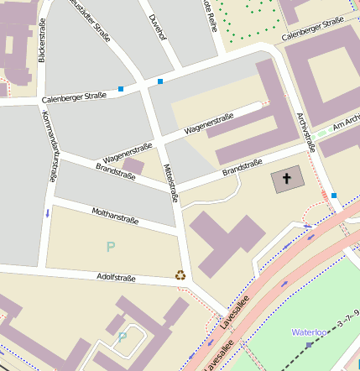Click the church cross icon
point(286,178)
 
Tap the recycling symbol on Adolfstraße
point(180,274)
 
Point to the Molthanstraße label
point(114,217)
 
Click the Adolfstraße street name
point(116,277)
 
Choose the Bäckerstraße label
point(42,42)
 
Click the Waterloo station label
point(308,332)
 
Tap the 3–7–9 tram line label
point(347,318)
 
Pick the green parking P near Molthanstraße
point(110,247)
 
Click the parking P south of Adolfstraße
point(123,337)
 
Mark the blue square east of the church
point(333,196)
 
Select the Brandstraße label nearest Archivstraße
point(242,167)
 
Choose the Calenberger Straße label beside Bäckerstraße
point(74,97)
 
